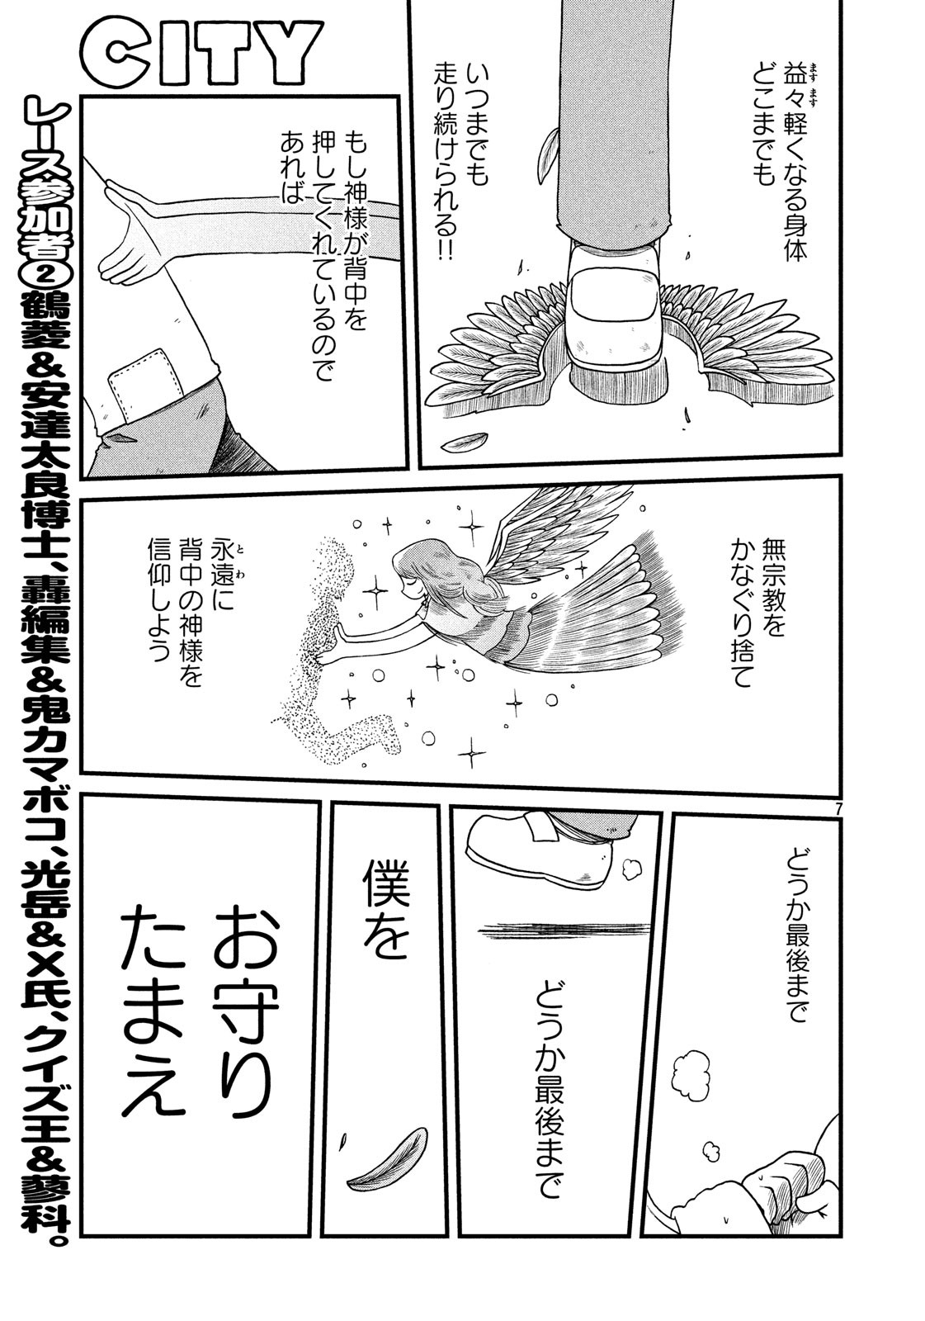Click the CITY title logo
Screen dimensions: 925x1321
201,54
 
